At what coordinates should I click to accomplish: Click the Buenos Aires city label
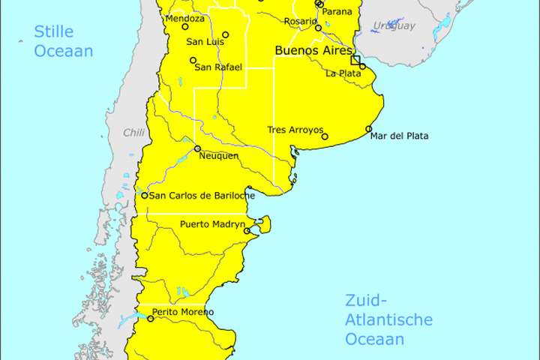pyautogui.click(x=310, y=50)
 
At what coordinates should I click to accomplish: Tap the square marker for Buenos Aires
pyautogui.click(x=355, y=60)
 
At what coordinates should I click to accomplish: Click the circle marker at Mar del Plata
pyautogui.click(x=369, y=129)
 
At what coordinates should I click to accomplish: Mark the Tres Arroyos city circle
pyautogui.click(x=325, y=136)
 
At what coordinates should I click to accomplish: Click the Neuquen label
pyautogui.click(x=218, y=155)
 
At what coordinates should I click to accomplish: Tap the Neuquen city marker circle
pyautogui.click(x=198, y=148)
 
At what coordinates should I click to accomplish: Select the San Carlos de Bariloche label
pyautogui.click(x=202, y=196)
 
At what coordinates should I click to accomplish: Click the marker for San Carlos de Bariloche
pyautogui.click(x=145, y=196)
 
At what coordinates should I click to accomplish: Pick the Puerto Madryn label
pyautogui.click(x=212, y=224)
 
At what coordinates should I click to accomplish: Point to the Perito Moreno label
pyautogui.click(x=182, y=312)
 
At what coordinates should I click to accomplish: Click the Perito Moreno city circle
pyautogui.click(x=151, y=319)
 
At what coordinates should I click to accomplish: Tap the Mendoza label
pyautogui.click(x=184, y=18)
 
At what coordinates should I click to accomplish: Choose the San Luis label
pyautogui.click(x=205, y=41)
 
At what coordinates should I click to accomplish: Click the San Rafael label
pyautogui.click(x=218, y=67)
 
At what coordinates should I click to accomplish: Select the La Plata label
pyautogui.click(x=343, y=73)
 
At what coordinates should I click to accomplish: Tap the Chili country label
pyautogui.click(x=133, y=132)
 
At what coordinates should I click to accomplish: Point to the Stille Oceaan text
pyautogui.click(x=63, y=41)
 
